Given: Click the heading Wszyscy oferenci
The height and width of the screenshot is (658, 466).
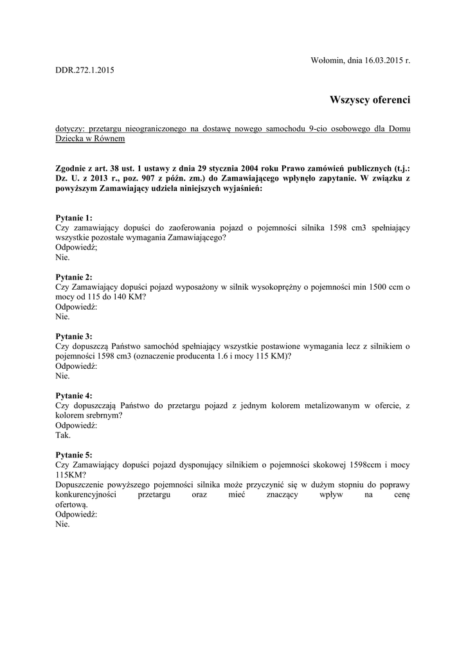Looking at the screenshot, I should [369, 100].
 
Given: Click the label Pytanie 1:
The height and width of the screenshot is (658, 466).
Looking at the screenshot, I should [74, 218].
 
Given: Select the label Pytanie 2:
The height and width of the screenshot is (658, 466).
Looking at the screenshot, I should [74, 277].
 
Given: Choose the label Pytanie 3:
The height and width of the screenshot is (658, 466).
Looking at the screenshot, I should [74, 336].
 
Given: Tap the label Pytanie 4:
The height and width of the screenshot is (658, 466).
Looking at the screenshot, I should [74, 395].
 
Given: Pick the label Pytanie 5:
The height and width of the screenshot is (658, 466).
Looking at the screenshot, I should [74, 454].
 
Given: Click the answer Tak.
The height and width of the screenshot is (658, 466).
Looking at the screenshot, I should [63, 434].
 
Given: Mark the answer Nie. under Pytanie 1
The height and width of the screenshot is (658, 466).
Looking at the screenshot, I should [62, 257].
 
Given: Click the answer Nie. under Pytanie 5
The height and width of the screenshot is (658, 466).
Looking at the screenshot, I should [62, 524].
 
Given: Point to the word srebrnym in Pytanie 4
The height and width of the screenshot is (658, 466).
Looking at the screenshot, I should [102, 415].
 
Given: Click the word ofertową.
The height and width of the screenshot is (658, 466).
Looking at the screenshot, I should [73, 504].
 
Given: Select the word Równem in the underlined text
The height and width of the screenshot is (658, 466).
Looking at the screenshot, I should [109, 138].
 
